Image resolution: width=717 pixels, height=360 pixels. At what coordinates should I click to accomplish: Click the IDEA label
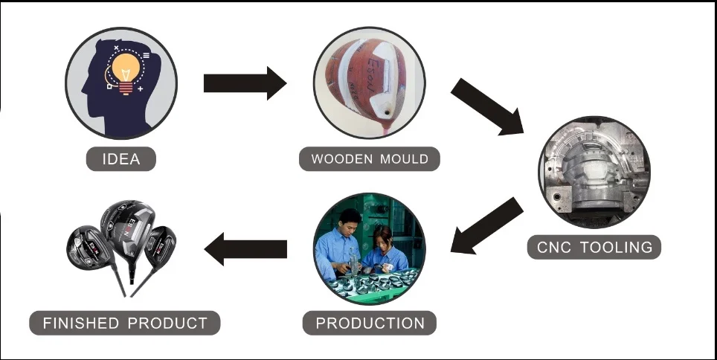120,159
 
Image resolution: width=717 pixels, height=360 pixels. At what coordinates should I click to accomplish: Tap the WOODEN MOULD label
370,159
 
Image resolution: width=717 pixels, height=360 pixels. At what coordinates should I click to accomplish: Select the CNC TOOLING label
594,247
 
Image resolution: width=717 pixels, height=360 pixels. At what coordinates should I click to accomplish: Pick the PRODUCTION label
370,323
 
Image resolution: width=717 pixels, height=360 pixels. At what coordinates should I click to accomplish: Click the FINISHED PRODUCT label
125,323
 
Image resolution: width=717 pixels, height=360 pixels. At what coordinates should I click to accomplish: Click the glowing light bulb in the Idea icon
126,69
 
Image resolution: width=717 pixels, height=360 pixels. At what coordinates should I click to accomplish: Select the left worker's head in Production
349,219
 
